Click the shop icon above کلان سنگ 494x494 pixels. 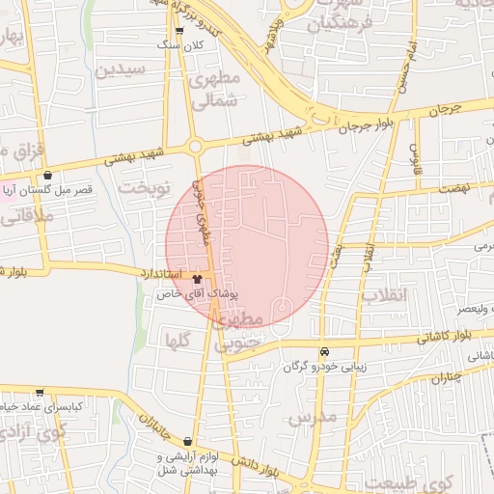(x=179, y=31)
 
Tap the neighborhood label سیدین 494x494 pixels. (x=121, y=69)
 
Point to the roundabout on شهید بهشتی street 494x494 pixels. (x=197, y=147)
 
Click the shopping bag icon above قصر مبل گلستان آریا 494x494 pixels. (x=49, y=176)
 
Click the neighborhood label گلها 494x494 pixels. (x=177, y=340)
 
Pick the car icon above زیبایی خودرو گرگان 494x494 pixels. (x=324, y=352)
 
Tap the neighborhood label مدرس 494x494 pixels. (x=312, y=417)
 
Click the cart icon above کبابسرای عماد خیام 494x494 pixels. (x=40, y=393)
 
